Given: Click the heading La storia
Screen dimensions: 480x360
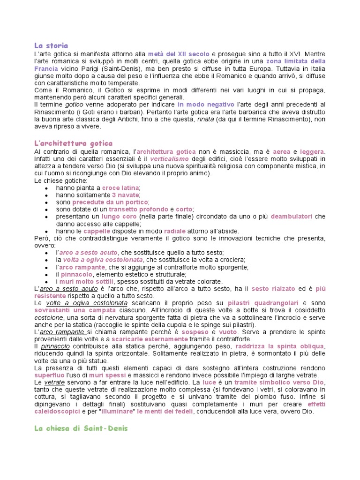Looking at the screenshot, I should (x=51, y=45).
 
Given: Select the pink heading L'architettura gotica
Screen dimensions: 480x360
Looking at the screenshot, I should (x=74, y=143).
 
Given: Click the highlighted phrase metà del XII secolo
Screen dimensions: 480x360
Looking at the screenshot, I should (x=179, y=54).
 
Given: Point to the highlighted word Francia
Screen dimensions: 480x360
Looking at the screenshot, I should (x=46, y=68).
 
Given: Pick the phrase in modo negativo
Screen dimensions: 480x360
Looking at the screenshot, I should (x=206, y=105).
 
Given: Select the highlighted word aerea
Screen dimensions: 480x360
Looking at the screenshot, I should (x=281, y=151).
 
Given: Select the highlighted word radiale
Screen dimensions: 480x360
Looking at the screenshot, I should (x=175, y=231).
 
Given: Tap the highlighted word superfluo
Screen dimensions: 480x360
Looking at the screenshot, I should (x=52, y=375).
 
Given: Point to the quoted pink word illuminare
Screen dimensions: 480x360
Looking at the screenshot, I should (x=112, y=412).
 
